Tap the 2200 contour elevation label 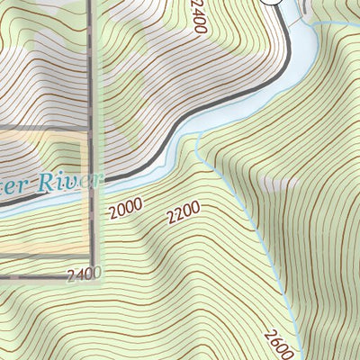[x=183, y=214]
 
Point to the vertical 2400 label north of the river [x=198, y=18]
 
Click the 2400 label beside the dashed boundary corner [x=85, y=274]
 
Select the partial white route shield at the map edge [x=273, y=3]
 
